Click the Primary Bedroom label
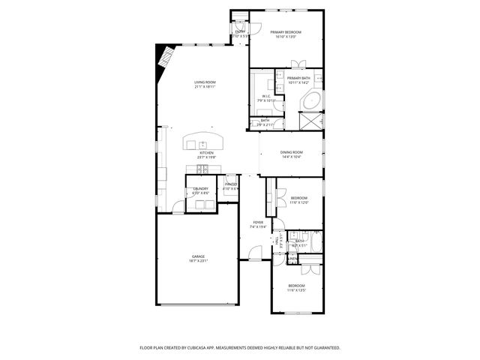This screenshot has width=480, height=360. (286, 32)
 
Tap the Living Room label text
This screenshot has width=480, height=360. (205, 82)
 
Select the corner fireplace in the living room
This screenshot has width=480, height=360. (163, 60)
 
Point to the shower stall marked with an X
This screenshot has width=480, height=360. (310, 121)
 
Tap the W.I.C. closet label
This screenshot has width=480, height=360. (266, 96)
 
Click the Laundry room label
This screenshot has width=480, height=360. (200, 188)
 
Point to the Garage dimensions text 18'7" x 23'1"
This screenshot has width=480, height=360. (198, 261)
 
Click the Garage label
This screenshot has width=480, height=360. (198, 256)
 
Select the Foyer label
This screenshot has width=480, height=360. (258, 222)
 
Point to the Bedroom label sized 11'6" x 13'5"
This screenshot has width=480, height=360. (297, 285)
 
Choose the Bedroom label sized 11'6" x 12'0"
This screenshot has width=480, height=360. (298, 198)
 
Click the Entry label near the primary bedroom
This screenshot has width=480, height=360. (240, 32)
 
